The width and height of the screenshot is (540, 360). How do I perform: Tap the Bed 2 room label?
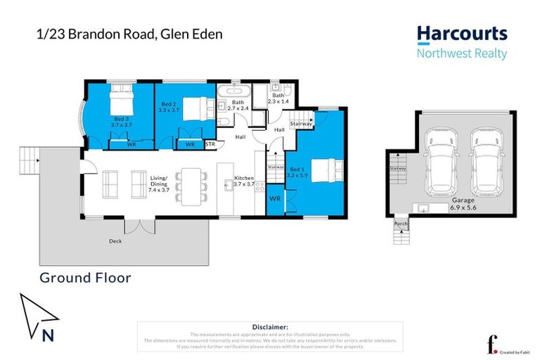[x=166, y=106]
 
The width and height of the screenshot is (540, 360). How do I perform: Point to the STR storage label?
[x=210, y=145]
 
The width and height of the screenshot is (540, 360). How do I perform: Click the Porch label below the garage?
[x=401, y=224]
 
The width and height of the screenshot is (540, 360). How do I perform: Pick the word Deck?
[x=116, y=241]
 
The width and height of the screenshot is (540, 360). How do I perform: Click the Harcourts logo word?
[x=461, y=34]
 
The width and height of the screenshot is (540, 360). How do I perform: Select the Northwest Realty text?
[x=461, y=53]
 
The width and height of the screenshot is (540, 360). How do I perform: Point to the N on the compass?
[x=48, y=335]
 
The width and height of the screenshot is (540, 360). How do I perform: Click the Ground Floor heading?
[x=85, y=278]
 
